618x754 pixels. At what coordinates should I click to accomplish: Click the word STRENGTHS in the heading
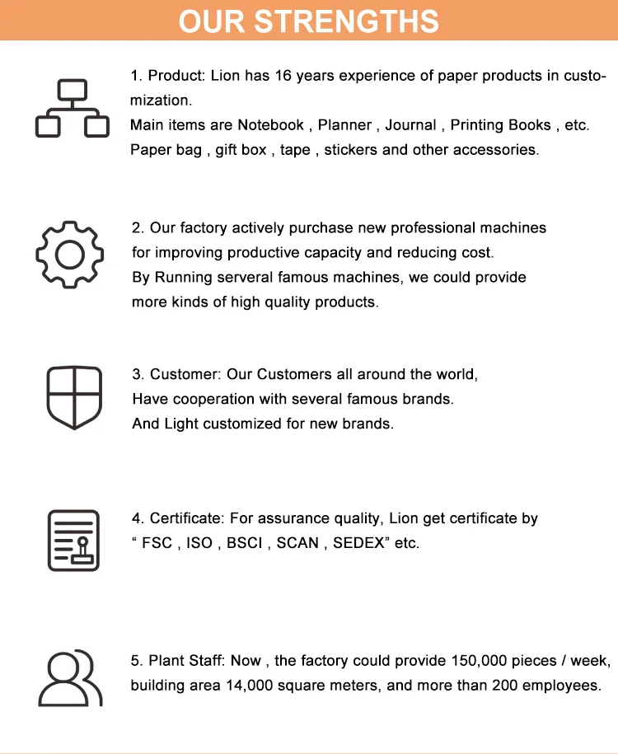click(357, 21)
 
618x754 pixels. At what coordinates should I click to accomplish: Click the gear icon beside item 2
click(69, 255)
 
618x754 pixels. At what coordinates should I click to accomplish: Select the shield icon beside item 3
click(74, 397)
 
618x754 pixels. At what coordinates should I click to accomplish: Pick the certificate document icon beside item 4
click(73, 541)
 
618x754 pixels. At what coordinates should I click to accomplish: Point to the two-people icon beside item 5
click(71, 678)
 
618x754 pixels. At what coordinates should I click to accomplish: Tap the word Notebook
click(270, 125)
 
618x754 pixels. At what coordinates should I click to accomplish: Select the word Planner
click(345, 125)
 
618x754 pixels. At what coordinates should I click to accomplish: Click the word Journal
click(410, 125)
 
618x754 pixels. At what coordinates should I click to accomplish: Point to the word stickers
click(350, 150)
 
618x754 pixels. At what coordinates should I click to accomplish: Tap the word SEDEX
click(358, 544)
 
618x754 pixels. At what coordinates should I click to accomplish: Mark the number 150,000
click(480, 661)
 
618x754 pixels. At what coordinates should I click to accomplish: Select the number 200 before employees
click(508, 686)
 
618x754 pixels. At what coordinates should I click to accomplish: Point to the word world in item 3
click(456, 374)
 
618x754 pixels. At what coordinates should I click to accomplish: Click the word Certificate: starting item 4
click(187, 519)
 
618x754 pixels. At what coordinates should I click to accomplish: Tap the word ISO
click(199, 544)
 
